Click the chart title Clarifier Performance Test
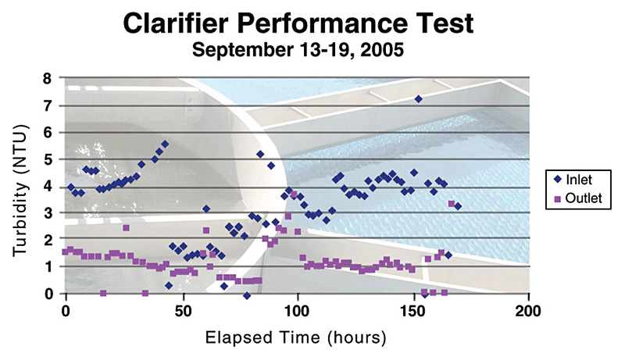pyautogui.click(x=300, y=25)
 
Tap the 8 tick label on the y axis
pyautogui.click(x=48, y=78)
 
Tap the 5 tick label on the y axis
pyautogui.click(x=48, y=159)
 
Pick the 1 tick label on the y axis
pyautogui.click(x=48, y=267)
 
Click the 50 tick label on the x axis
pyautogui.click(x=182, y=308)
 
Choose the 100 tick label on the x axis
pyautogui.click(x=298, y=308)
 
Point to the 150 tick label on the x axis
pyautogui.click(x=413, y=308)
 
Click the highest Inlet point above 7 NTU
pyautogui.click(x=419, y=99)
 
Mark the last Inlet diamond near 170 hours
pyautogui.click(x=458, y=206)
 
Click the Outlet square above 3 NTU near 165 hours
pyautogui.click(x=452, y=204)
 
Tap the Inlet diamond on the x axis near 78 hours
pyautogui.click(x=247, y=296)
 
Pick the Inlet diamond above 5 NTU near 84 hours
pyautogui.click(x=260, y=154)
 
